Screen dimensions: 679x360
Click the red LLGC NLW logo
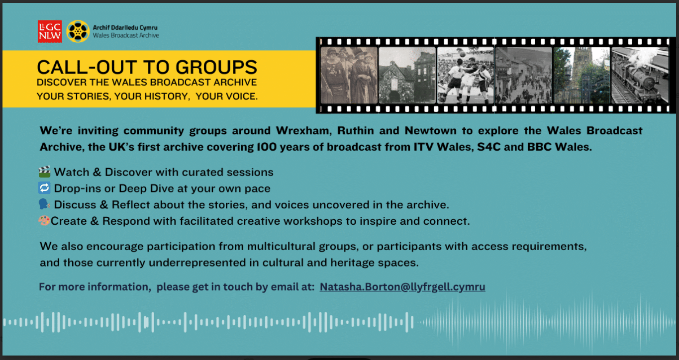click(x=50, y=31)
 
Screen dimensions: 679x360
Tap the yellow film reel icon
click(x=78, y=31)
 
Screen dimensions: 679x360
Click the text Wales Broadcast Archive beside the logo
click(x=126, y=35)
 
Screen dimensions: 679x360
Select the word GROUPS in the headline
click(x=216, y=67)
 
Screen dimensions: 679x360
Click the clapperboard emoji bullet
click(x=45, y=172)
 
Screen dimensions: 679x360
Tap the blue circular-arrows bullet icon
click(x=45, y=188)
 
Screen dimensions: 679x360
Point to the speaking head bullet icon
click(x=44, y=204)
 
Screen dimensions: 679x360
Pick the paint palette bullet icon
click(x=44, y=221)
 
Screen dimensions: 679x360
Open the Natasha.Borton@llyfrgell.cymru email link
click(x=402, y=287)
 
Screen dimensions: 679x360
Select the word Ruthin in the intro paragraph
click(x=356, y=131)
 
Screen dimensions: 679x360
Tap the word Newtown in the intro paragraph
click(x=430, y=131)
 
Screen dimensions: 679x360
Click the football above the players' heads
click(x=462, y=54)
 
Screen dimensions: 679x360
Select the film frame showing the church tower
click(x=582, y=75)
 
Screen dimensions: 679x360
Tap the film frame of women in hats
click(x=349, y=75)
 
